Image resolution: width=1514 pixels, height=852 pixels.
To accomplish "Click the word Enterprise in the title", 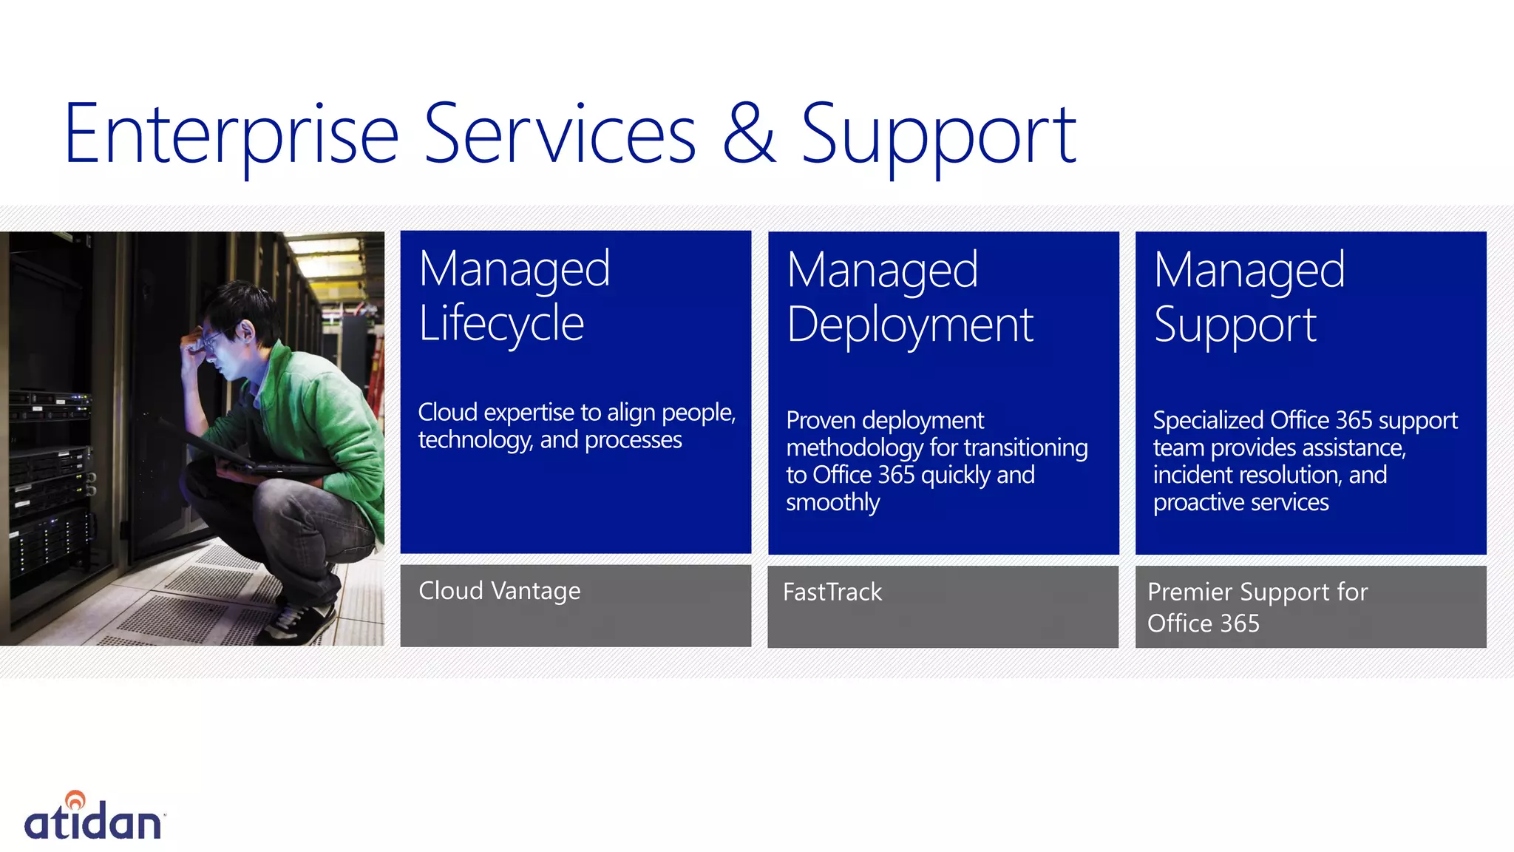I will click(x=231, y=135).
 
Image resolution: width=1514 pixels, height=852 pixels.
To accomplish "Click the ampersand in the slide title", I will click(x=748, y=134).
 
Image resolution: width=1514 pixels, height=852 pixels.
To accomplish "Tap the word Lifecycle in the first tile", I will click(x=501, y=324).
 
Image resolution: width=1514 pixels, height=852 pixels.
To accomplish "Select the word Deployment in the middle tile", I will click(x=909, y=325).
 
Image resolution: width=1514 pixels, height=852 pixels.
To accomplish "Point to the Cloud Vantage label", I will click(x=499, y=591).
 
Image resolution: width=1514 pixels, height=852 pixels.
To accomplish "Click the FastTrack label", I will click(x=832, y=592).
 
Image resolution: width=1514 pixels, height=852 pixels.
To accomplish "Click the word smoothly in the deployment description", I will click(x=832, y=503).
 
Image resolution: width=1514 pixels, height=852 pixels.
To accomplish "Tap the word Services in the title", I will click(x=560, y=135).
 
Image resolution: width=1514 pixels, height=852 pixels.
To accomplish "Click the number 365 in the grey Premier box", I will click(x=1240, y=623).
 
